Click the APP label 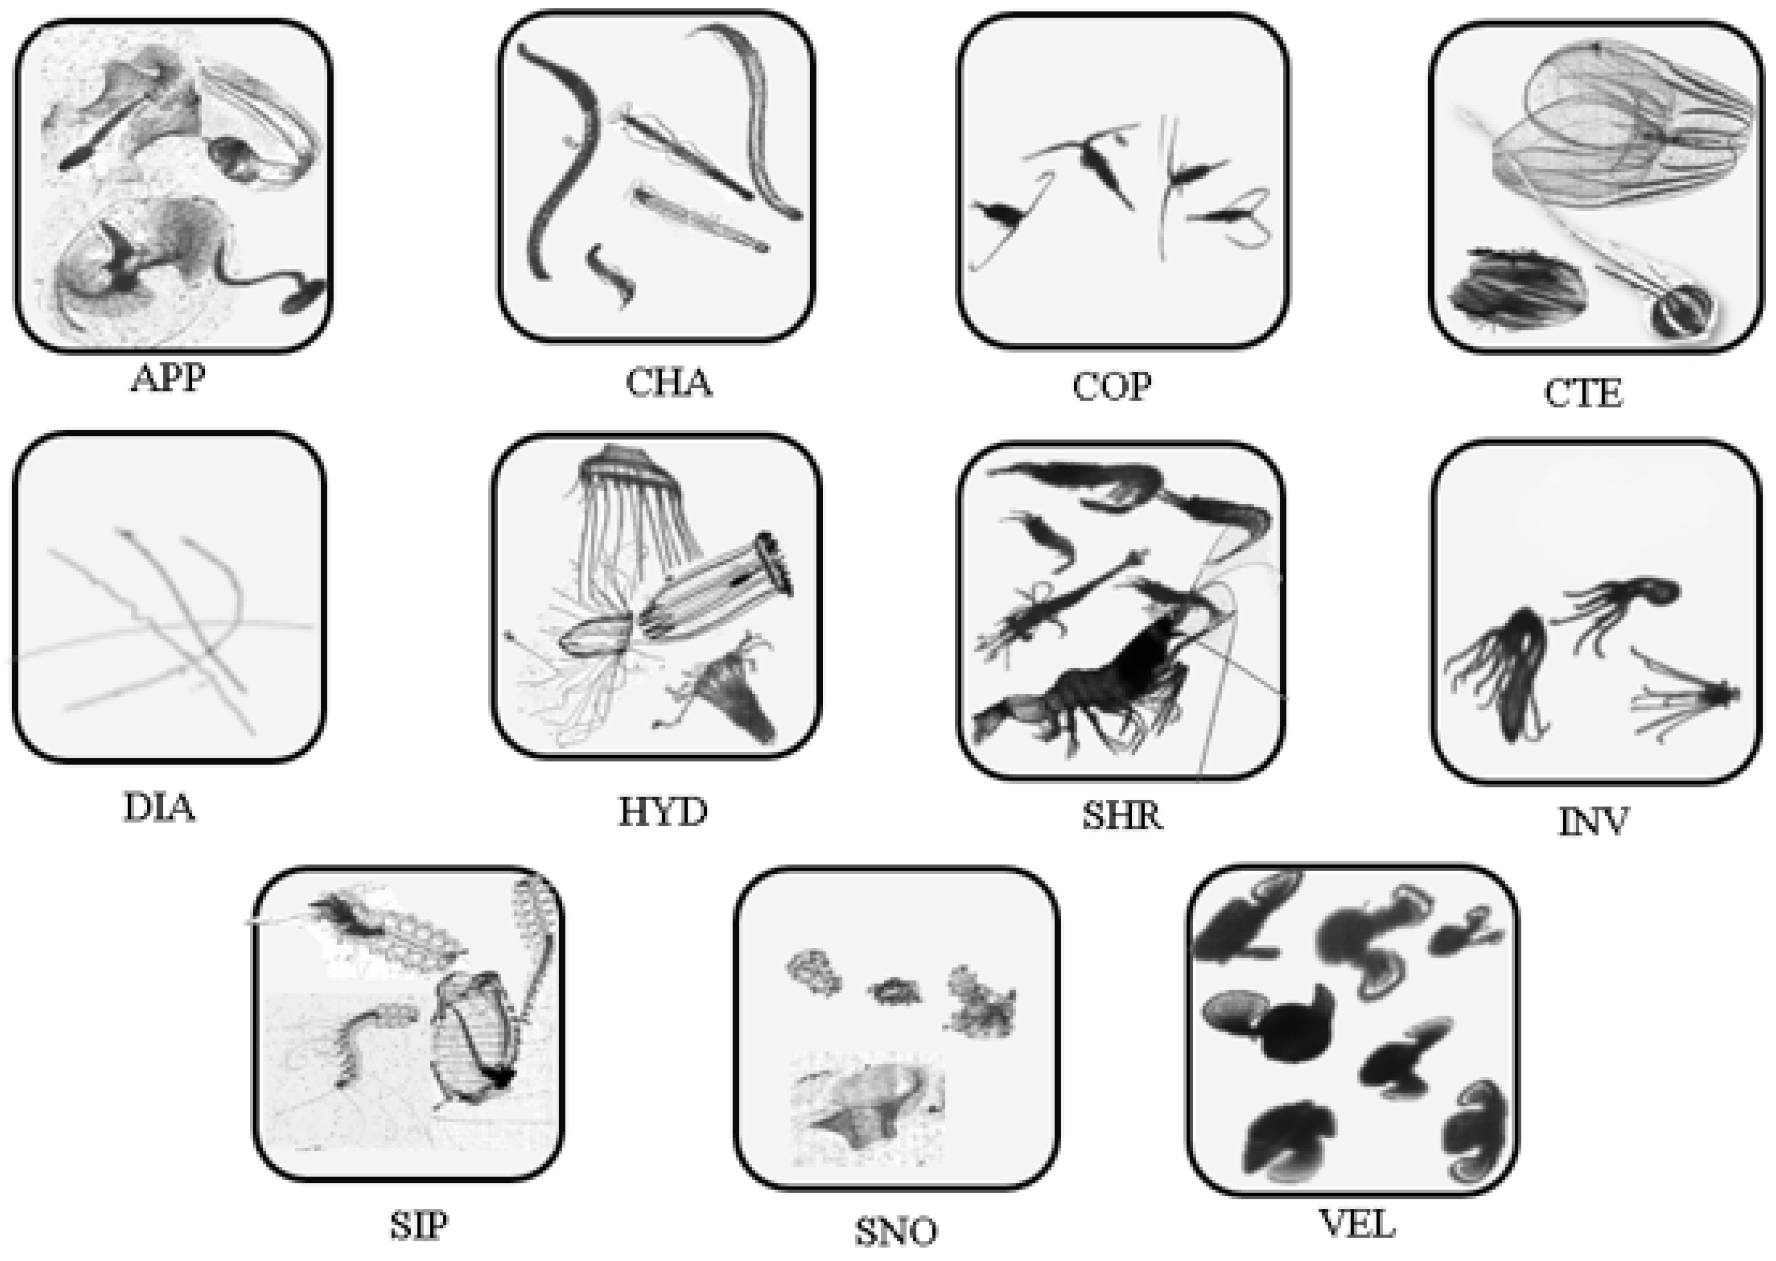tap(168, 378)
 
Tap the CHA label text tap(669, 383)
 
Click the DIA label tap(159, 808)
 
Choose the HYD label tap(663, 812)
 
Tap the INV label tap(1593, 822)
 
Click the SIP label tap(419, 1226)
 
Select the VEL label tap(1357, 1224)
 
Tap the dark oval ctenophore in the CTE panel tap(1516, 289)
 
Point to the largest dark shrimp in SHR tap(1087, 691)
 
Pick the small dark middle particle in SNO tap(895, 990)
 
